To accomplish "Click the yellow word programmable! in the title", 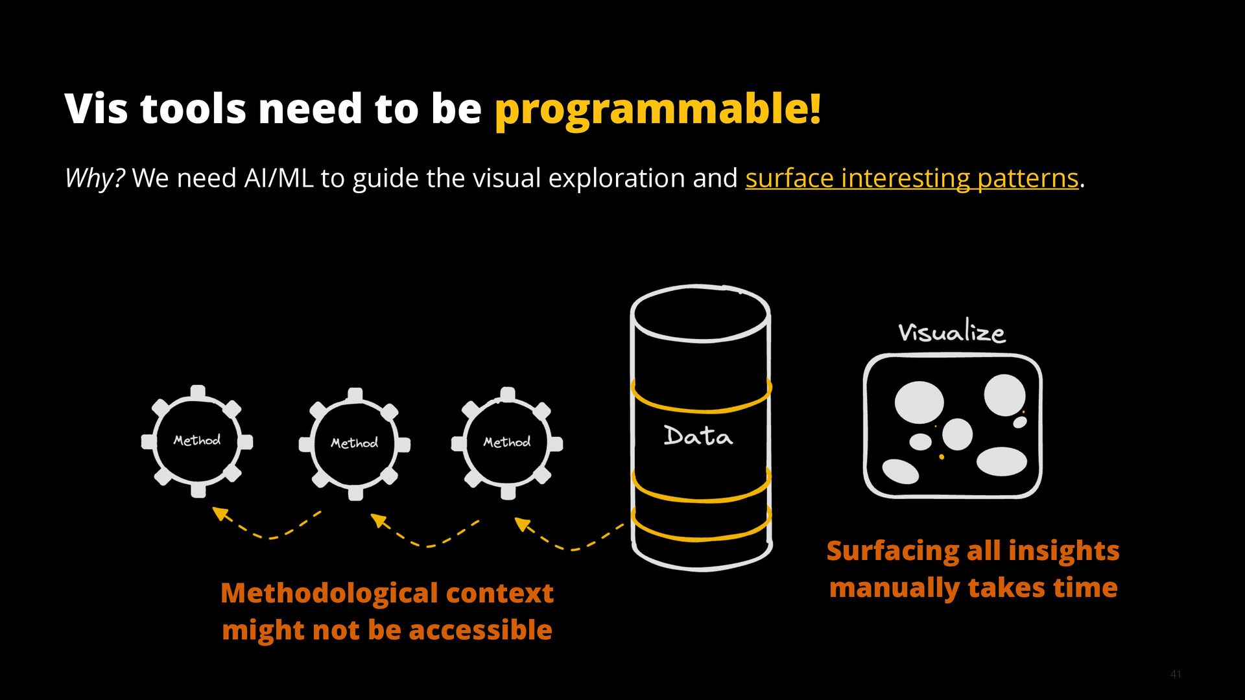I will point(658,109).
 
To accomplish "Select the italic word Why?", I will point(95,178).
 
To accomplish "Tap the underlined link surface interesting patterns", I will point(911,178).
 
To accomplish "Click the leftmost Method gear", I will point(197,441).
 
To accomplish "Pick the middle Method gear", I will point(354,443).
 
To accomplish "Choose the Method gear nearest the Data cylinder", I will point(507,443).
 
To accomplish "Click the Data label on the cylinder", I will point(698,436).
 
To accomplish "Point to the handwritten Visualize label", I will point(951,332).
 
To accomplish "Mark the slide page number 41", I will point(1176,674).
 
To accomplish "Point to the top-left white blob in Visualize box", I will point(919,401).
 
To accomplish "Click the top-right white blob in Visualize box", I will point(1004,395).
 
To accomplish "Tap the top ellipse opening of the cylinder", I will point(701,314).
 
